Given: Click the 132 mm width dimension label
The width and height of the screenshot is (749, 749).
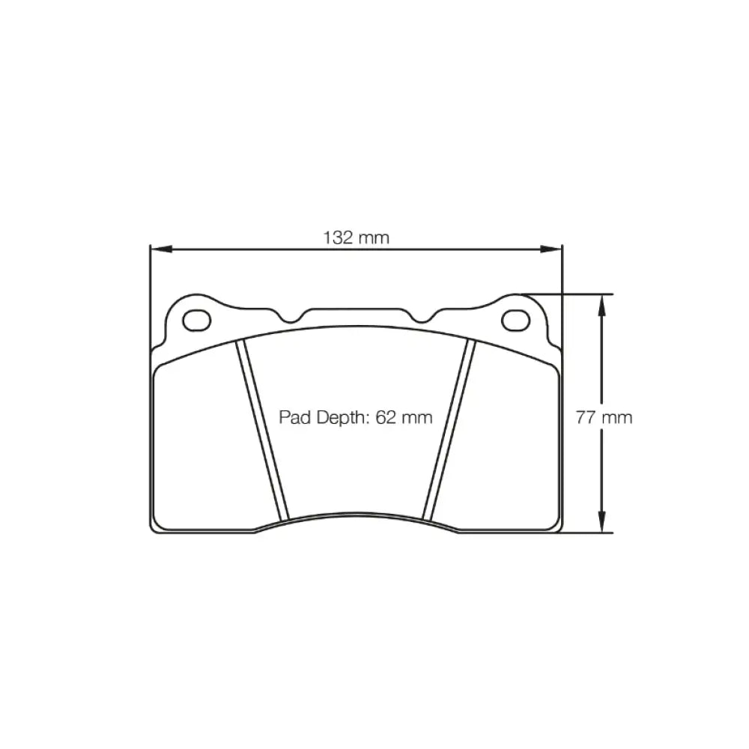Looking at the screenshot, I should [357, 238].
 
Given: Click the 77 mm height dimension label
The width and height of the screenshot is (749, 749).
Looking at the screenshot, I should [604, 417].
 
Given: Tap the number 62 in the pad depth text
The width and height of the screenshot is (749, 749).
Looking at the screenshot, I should [385, 417].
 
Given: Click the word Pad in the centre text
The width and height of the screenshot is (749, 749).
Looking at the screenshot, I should [294, 417].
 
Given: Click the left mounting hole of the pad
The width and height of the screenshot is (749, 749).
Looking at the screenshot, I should [197, 320].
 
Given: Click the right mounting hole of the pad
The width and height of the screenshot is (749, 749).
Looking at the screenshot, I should [515, 320].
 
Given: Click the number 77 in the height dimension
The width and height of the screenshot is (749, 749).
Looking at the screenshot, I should [585, 417].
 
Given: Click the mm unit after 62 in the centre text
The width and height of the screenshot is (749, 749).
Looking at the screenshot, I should [416, 417].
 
